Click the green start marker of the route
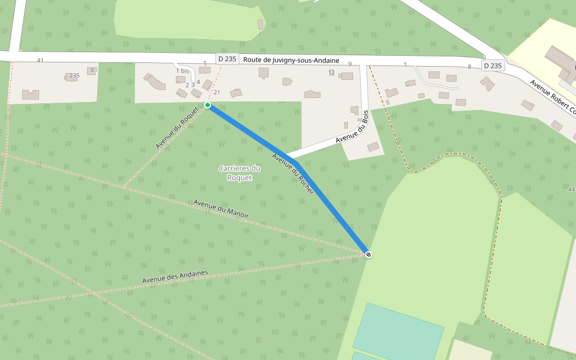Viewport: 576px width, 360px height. pos(208,105)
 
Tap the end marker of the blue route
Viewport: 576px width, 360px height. pos(368,254)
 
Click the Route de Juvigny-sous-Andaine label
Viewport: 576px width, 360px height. pos(291,61)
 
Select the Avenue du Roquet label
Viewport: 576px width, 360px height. pos(176,127)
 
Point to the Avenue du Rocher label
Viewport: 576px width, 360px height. pos(293,173)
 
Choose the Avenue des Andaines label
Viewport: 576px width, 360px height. pos(175,277)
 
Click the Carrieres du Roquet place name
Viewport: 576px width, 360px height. pos(239,173)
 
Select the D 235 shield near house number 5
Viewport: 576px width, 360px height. pos(228,59)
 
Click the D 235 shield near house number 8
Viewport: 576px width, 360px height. pos(493,65)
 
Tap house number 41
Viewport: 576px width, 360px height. pos(40,61)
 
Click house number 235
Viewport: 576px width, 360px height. pos(74,76)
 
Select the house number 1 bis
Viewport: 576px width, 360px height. pos(182,71)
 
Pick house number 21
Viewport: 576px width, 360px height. pos(217,92)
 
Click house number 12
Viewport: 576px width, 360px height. pos(331,73)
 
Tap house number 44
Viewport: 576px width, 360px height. pos(571,190)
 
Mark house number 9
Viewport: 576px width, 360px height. pos(350,64)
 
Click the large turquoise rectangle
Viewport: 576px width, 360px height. pos(398,331)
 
